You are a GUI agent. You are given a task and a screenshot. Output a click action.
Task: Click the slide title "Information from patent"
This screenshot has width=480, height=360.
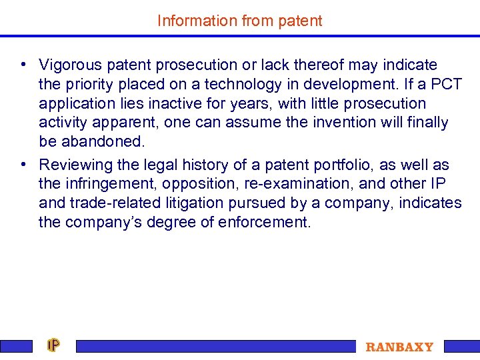pos(239,21)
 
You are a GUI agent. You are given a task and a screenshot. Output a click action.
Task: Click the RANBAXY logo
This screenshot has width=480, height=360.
pos(399,347)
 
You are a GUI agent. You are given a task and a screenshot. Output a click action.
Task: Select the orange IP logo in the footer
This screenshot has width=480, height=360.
pos(53,345)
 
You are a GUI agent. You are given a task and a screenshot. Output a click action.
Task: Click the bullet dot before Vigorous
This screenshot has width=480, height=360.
pos(23,65)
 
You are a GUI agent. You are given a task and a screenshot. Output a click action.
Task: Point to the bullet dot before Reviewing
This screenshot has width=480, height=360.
pos(23,164)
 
